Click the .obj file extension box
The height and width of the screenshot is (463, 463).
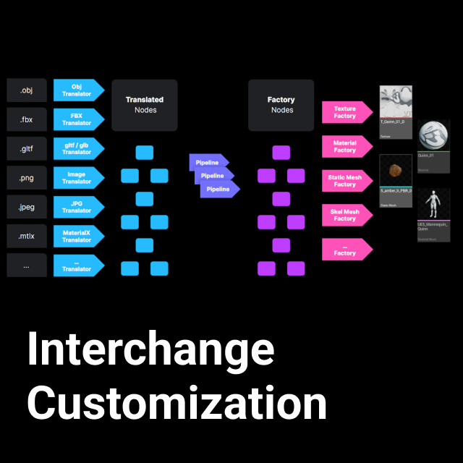(x=27, y=90)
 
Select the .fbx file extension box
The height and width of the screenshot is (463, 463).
(x=27, y=119)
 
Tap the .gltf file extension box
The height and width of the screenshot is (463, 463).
(x=27, y=148)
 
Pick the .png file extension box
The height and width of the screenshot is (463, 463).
(x=27, y=178)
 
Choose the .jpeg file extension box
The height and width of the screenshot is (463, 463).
(x=27, y=207)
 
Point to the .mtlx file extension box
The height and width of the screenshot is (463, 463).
(x=27, y=236)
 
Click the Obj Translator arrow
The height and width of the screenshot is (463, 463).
(x=77, y=90)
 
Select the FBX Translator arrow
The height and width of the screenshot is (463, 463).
(x=77, y=119)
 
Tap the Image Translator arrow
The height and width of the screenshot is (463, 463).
(x=77, y=178)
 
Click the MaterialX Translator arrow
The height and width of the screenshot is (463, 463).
(x=77, y=236)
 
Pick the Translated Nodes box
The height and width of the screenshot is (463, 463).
(x=145, y=105)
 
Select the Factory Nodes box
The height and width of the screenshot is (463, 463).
(x=281, y=105)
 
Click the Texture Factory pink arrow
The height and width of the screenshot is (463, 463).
(x=346, y=112)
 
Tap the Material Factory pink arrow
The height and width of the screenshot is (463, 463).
(x=346, y=147)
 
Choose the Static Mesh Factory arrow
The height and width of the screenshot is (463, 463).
(x=346, y=181)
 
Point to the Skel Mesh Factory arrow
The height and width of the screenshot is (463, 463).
(x=346, y=215)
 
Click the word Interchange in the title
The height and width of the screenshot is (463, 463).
(x=150, y=350)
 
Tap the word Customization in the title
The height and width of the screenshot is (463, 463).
(x=177, y=403)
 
